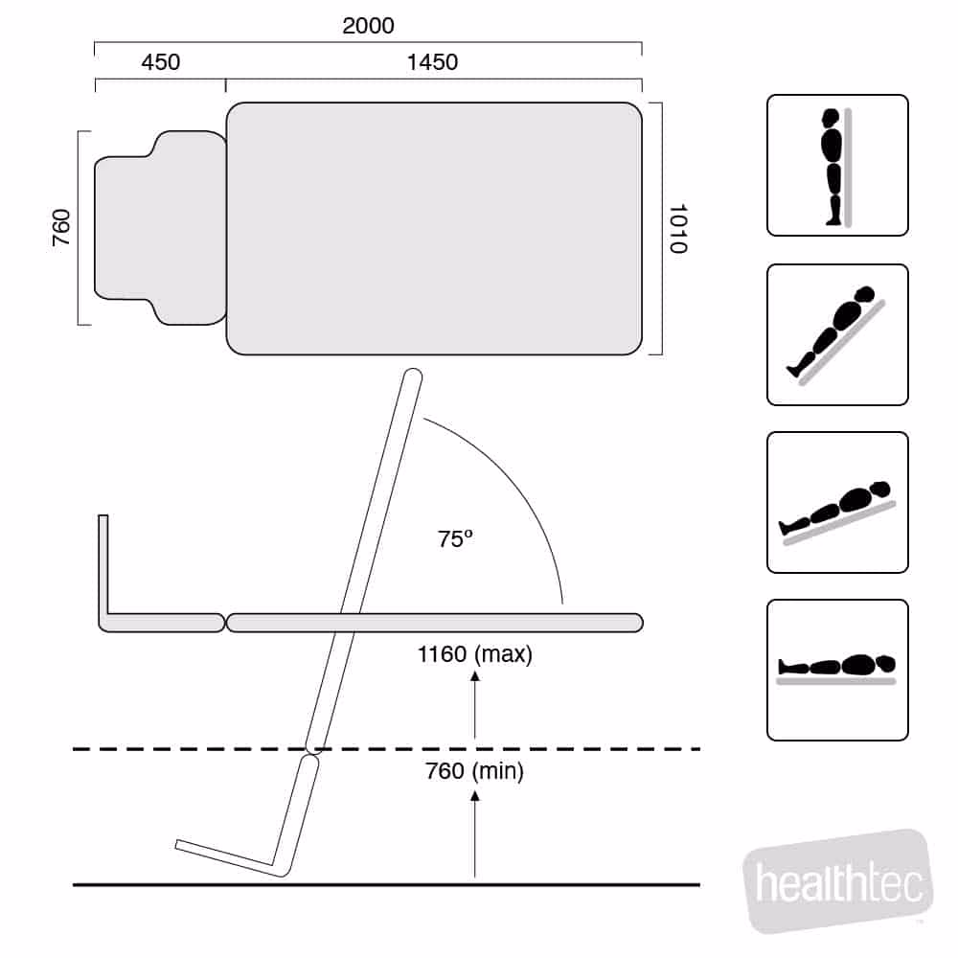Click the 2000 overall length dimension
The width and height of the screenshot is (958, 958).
pyautogui.click(x=368, y=26)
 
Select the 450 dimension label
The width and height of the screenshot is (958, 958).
pyautogui.click(x=161, y=62)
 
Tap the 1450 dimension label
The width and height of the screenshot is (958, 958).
pyautogui.click(x=433, y=62)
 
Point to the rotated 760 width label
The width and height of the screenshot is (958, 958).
pyautogui.click(x=61, y=228)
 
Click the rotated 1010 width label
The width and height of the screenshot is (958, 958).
pyautogui.click(x=679, y=229)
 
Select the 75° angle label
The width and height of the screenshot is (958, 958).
pyautogui.click(x=455, y=538)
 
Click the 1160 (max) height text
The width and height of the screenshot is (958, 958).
pyautogui.click(x=475, y=654)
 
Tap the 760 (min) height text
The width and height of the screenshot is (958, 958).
pyautogui.click(x=475, y=771)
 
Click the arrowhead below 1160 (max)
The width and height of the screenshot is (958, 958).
pyautogui.click(x=475, y=676)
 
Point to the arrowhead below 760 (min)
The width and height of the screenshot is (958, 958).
pyautogui.click(x=475, y=795)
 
